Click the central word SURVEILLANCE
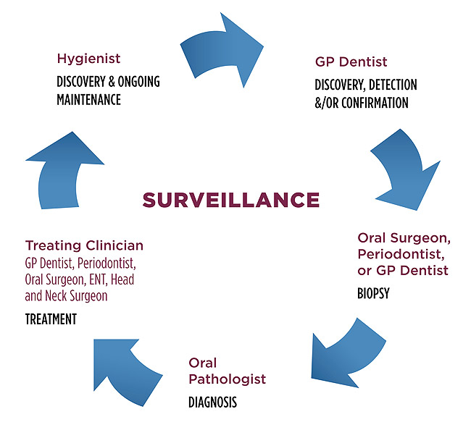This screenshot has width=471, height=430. (231, 200)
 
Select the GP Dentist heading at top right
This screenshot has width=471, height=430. (351, 62)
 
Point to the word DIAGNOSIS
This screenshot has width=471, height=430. (212, 402)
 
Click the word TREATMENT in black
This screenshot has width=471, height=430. (51, 319)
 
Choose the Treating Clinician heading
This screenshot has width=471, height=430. (84, 245)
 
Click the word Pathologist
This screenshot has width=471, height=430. (228, 379)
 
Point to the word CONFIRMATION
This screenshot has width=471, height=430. (372, 103)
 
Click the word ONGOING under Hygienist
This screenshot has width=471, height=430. (138, 82)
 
